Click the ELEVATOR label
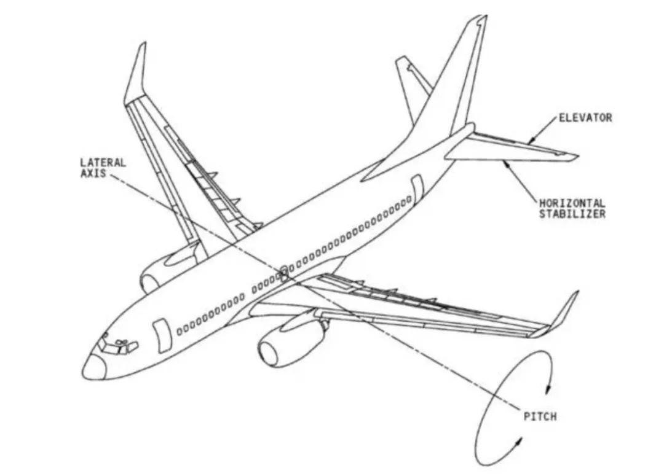point(585,117)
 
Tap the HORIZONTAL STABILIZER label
point(572,208)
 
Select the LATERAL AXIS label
point(103,168)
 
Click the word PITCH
point(540,416)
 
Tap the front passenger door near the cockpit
point(163,335)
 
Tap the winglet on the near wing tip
point(563,313)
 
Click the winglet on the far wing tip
point(136,74)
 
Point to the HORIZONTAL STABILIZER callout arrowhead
point(505,163)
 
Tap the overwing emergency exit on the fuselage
point(284,270)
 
